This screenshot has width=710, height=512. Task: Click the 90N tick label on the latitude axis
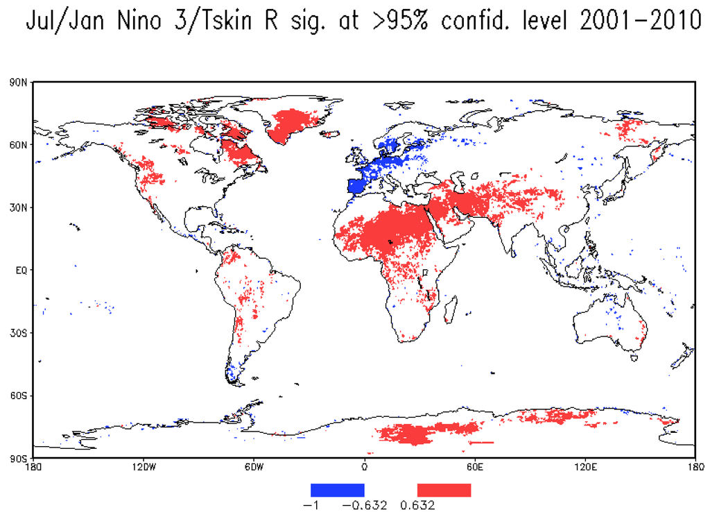pos(18,83)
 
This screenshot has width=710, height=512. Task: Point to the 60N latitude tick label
pos(18,145)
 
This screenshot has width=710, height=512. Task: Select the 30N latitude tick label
pos(18,207)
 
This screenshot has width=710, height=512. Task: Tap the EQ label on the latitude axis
pos(21,271)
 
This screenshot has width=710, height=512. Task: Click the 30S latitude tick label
pos(18,333)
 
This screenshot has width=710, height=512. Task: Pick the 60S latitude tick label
pos(18,395)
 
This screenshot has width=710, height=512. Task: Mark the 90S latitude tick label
pos(18,458)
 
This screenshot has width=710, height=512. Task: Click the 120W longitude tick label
pos(143,468)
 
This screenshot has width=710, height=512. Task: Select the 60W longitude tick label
pos(254,468)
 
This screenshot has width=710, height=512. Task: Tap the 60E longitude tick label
pos(475,468)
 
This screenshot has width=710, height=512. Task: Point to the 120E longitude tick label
pos(585,468)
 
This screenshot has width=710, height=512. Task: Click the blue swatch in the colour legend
pos(337,490)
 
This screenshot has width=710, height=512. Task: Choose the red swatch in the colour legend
pos(444,490)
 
